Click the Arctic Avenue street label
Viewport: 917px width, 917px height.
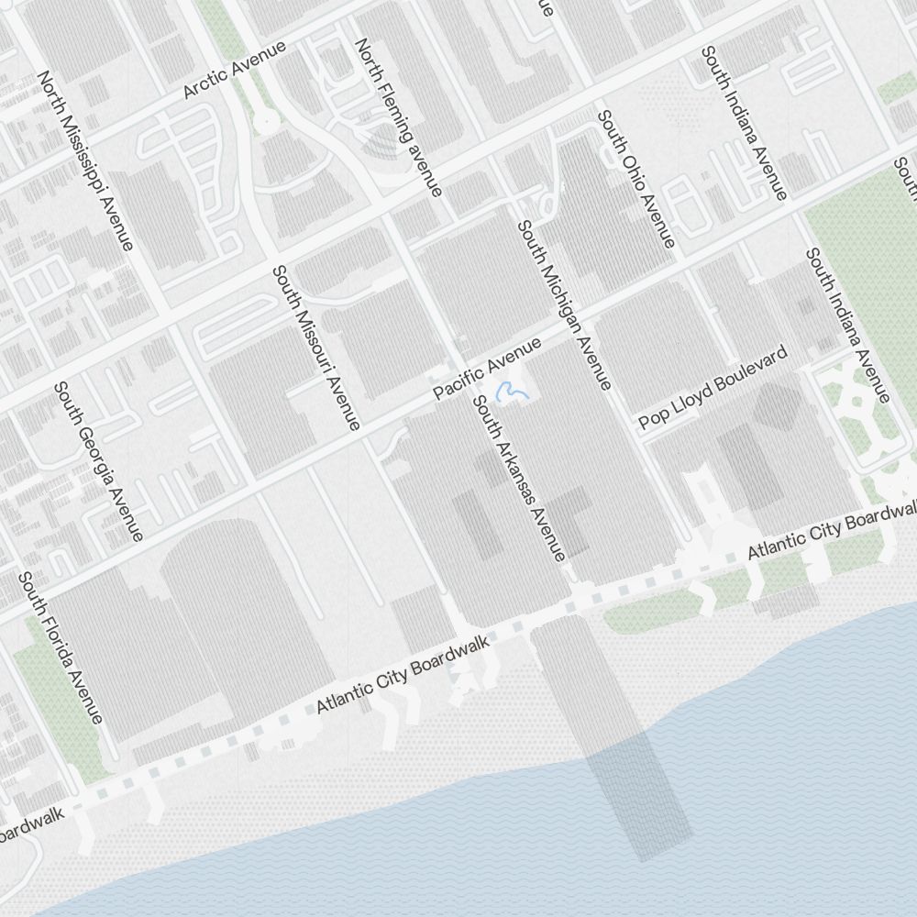click(235, 70)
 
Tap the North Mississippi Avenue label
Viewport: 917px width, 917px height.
click(85, 160)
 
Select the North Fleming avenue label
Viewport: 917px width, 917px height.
click(399, 116)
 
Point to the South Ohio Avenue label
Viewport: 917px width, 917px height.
click(636, 179)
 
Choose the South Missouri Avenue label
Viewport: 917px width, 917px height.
click(316, 348)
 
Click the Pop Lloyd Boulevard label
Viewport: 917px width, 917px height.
click(713, 387)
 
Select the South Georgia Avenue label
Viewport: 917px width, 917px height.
click(98, 461)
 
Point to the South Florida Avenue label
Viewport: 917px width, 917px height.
click(61, 647)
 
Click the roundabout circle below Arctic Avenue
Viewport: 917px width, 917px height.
click(265, 120)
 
